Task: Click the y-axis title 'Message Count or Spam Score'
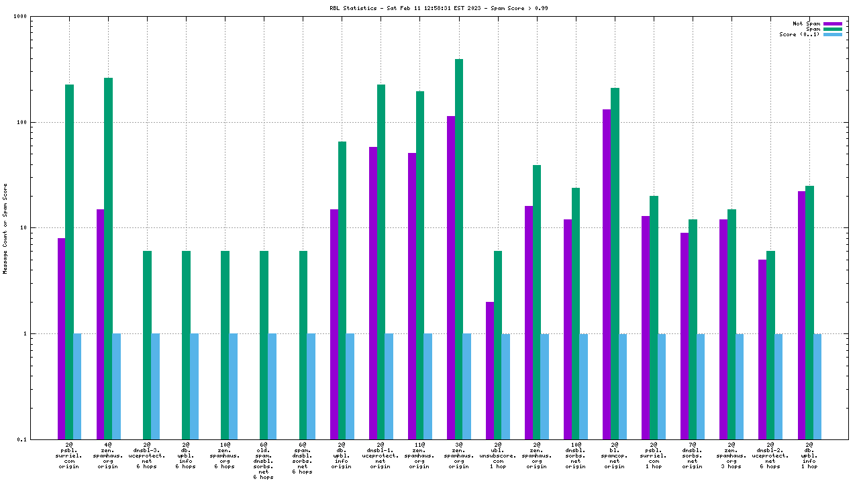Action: pos(5,228)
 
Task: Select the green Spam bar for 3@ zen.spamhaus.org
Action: pos(459,248)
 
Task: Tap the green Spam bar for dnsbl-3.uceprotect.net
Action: pos(147,345)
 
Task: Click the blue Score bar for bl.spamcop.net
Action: pos(623,386)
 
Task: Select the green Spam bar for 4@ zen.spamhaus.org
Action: pos(108,258)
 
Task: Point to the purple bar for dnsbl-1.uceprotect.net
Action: pos(373,292)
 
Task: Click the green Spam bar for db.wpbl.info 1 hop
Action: pos(809,312)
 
